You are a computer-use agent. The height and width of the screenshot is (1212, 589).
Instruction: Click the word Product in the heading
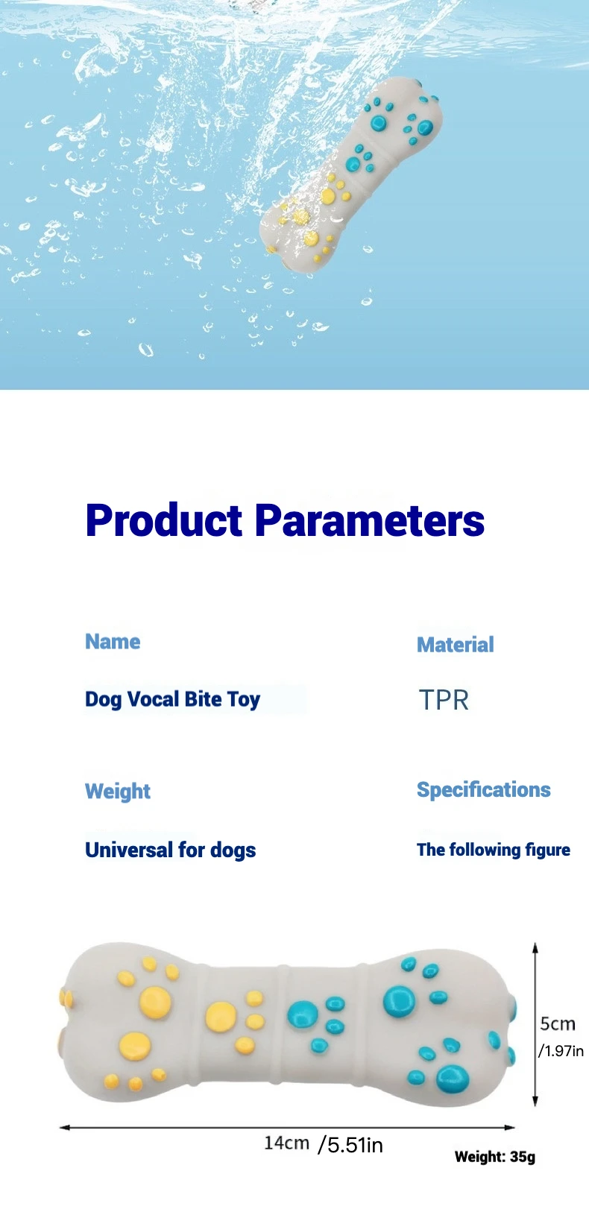[164, 520]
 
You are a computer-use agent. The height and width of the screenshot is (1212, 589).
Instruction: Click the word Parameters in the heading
[370, 520]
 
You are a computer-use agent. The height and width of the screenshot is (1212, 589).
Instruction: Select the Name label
[113, 642]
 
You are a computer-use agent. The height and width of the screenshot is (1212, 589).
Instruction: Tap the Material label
[456, 645]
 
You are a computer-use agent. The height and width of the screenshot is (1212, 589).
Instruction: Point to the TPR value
[444, 700]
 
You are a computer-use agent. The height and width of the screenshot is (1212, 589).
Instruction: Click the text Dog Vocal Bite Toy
[173, 700]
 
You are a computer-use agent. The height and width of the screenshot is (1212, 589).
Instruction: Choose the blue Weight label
[118, 792]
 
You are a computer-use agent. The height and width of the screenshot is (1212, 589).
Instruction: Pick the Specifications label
[483, 790]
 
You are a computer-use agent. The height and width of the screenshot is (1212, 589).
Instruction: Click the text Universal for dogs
[171, 850]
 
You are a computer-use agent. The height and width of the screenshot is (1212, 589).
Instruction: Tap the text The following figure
[493, 850]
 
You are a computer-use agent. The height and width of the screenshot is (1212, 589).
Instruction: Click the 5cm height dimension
[558, 1023]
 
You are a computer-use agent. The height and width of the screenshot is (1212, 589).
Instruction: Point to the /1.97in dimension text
[561, 1051]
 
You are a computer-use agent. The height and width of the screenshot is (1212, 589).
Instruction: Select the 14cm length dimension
[286, 1143]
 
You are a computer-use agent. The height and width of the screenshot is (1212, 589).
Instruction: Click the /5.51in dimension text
[350, 1145]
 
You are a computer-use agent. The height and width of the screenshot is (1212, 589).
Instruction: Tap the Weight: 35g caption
[495, 1157]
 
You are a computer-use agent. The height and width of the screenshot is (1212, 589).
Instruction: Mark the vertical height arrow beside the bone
[535, 1024]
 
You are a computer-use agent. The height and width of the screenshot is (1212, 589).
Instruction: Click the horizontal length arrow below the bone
[287, 1128]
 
